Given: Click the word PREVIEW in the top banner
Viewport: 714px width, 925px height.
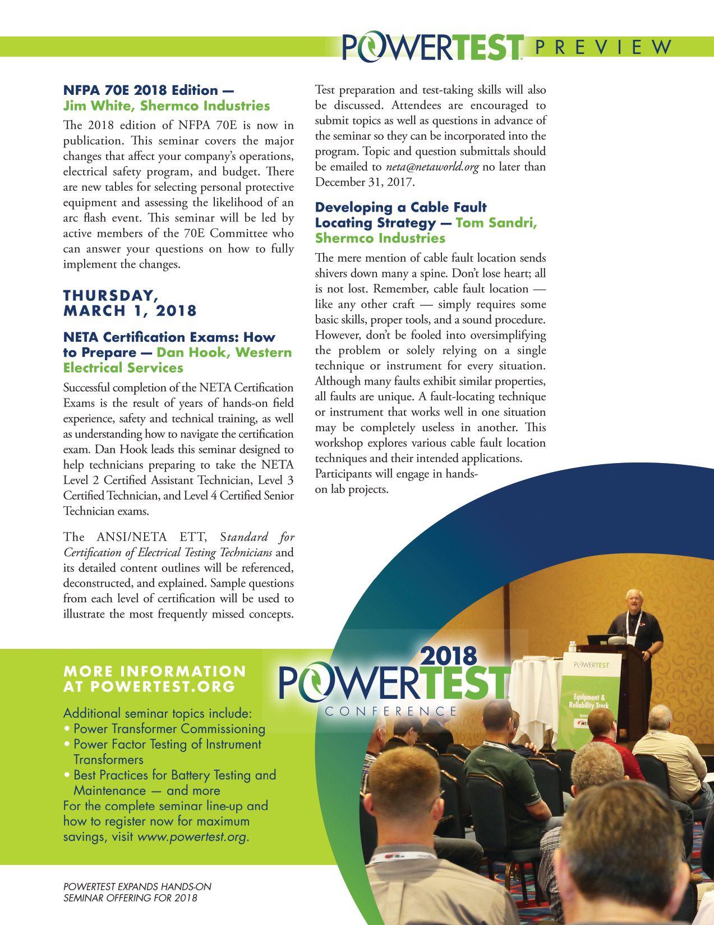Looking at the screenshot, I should point(603,47).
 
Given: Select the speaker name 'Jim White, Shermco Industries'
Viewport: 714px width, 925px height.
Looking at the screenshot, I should point(166,106).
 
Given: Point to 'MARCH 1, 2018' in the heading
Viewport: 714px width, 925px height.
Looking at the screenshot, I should point(130,310).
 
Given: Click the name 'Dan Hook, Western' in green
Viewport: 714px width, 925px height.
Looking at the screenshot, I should point(224,352).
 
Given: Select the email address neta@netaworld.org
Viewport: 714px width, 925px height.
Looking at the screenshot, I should point(432,167).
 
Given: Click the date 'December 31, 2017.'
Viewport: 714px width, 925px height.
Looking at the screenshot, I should point(364,182).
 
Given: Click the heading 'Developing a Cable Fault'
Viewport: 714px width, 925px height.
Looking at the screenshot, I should point(400,208).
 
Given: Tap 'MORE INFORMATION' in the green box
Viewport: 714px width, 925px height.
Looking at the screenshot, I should point(155,671).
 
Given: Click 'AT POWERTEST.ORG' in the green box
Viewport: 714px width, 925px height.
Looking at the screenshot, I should point(149,686).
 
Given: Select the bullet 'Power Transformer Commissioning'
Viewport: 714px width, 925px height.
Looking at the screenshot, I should point(169,729).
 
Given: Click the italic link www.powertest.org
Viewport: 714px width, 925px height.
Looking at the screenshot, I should point(191,837).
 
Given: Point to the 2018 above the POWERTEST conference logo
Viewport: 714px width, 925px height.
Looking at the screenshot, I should point(448,656).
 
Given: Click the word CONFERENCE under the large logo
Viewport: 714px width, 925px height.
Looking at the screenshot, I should point(391,711).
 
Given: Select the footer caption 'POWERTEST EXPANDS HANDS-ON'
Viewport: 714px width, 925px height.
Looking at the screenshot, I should point(137,887).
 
